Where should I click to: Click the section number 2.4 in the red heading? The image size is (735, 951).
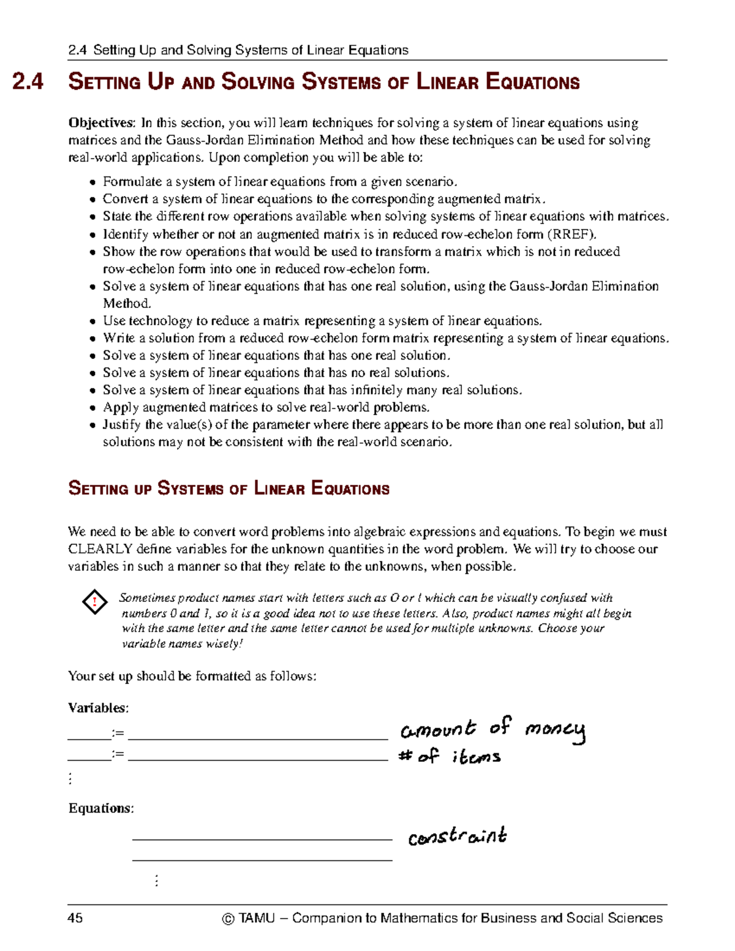coord(28,82)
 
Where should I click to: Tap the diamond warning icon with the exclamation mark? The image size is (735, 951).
coord(95,602)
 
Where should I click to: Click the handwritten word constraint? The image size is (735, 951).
coord(457,836)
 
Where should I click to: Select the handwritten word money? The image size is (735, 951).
coord(555,729)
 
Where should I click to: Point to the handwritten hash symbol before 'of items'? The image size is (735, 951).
coord(404,756)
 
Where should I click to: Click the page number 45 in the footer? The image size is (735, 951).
coord(75,917)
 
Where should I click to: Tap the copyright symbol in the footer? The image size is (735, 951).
coord(228,918)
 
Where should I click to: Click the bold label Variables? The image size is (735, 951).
coord(98,708)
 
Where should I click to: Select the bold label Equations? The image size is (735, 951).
coord(100,808)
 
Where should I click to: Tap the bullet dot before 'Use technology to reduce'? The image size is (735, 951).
coord(92,321)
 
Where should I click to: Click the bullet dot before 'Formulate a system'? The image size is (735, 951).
coord(92,182)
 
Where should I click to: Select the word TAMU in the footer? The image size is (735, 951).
coord(257,918)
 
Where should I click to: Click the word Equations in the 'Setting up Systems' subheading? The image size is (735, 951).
coord(350,489)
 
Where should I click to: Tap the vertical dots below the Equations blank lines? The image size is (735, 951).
coord(157,881)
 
